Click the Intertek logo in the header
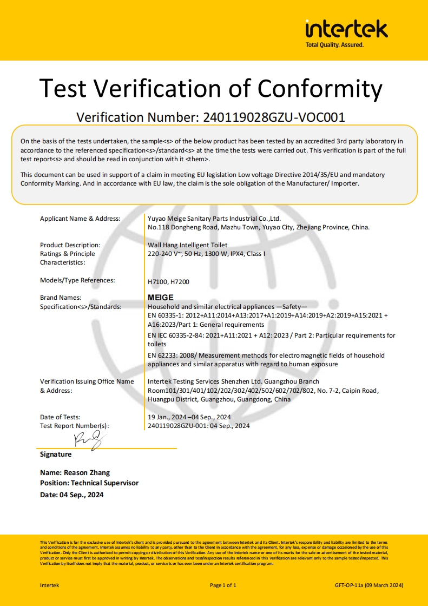pyautogui.click(x=346, y=29)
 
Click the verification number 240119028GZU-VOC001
pyautogui.click(x=274, y=117)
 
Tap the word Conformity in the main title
pyautogui.click(x=319, y=88)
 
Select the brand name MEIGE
pyautogui.click(x=161, y=298)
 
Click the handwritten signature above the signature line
pyautogui.click(x=88, y=440)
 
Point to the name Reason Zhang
pyautogui.click(x=75, y=472)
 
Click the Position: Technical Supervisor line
pyautogui.click(x=89, y=483)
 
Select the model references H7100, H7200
pyautogui.click(x=168, y=281)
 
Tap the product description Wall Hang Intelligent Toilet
pyautogui.click(x=187, y=245)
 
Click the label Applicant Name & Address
pyautogui.click(x=80, y=219)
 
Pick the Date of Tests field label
pyautogui.click(x=60, y=417)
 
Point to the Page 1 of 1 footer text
pyautogui.click(x=223, y=585)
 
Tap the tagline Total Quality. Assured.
pyautogui.click(x=334, y=45)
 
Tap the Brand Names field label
pyautogui.click(x=61, y=298)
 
